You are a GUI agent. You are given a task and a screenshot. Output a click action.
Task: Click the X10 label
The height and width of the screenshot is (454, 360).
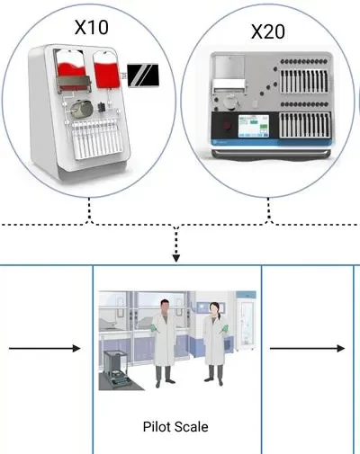coord(91,27)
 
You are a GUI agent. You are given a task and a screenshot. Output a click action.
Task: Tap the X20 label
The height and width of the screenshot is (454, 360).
coord(268,31)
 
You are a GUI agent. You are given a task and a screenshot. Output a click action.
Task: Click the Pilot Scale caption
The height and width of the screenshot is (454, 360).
coord(175,427)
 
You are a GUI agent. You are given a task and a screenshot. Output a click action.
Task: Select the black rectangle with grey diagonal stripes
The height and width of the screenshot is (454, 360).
coord(143,76)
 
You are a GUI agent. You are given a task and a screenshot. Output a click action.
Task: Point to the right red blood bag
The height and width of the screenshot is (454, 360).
coord(106,72)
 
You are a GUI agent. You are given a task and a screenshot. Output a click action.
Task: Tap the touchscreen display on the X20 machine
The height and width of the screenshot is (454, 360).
coord(254,127)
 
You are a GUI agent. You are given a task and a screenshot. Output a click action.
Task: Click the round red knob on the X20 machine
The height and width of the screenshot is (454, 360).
coord(227,126)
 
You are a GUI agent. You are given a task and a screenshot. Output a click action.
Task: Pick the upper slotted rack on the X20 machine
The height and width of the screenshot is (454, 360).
coord(304,81)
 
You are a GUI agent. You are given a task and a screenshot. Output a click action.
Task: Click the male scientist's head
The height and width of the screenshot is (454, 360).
coord(165,307)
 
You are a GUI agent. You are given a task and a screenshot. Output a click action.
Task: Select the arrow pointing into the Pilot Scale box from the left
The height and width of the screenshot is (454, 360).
coord(45,348)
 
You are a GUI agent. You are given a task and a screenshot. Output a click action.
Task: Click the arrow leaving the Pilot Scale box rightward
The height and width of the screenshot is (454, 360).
coord(307,348)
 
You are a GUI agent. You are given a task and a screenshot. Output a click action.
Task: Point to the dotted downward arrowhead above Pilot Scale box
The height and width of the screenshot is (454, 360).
coord(176,258)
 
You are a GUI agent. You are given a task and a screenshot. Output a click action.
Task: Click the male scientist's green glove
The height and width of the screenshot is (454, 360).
coord(155,328)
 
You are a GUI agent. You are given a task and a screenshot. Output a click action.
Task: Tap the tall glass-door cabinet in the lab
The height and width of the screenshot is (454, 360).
coord(247,321)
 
